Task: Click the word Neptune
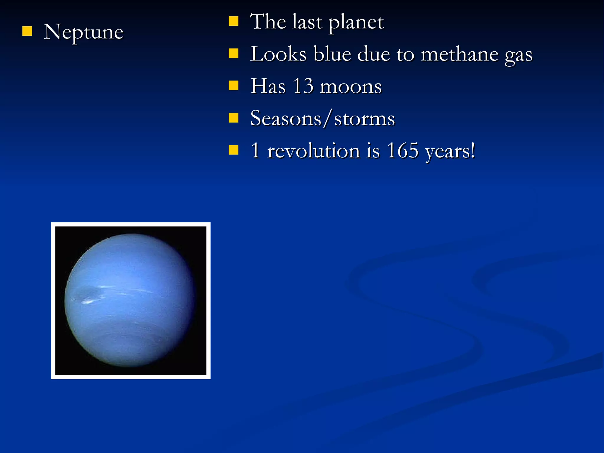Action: click(x=83, y=32)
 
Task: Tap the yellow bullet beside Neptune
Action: click(x=27, y=31)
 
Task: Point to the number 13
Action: click(x=303, y=86)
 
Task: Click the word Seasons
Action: click(x=285, y=118)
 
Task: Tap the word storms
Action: click(x=364, y=119)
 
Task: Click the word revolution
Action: click(x=314, y=151)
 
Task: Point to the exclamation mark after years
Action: click(x=473, y=150)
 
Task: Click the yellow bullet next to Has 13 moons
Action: click(x=233, y=86)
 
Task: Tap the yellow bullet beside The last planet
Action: click(x=233, y=21)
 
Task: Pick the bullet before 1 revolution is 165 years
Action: click(x=233, y=150)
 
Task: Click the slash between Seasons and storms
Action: click(x=327, y=118)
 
